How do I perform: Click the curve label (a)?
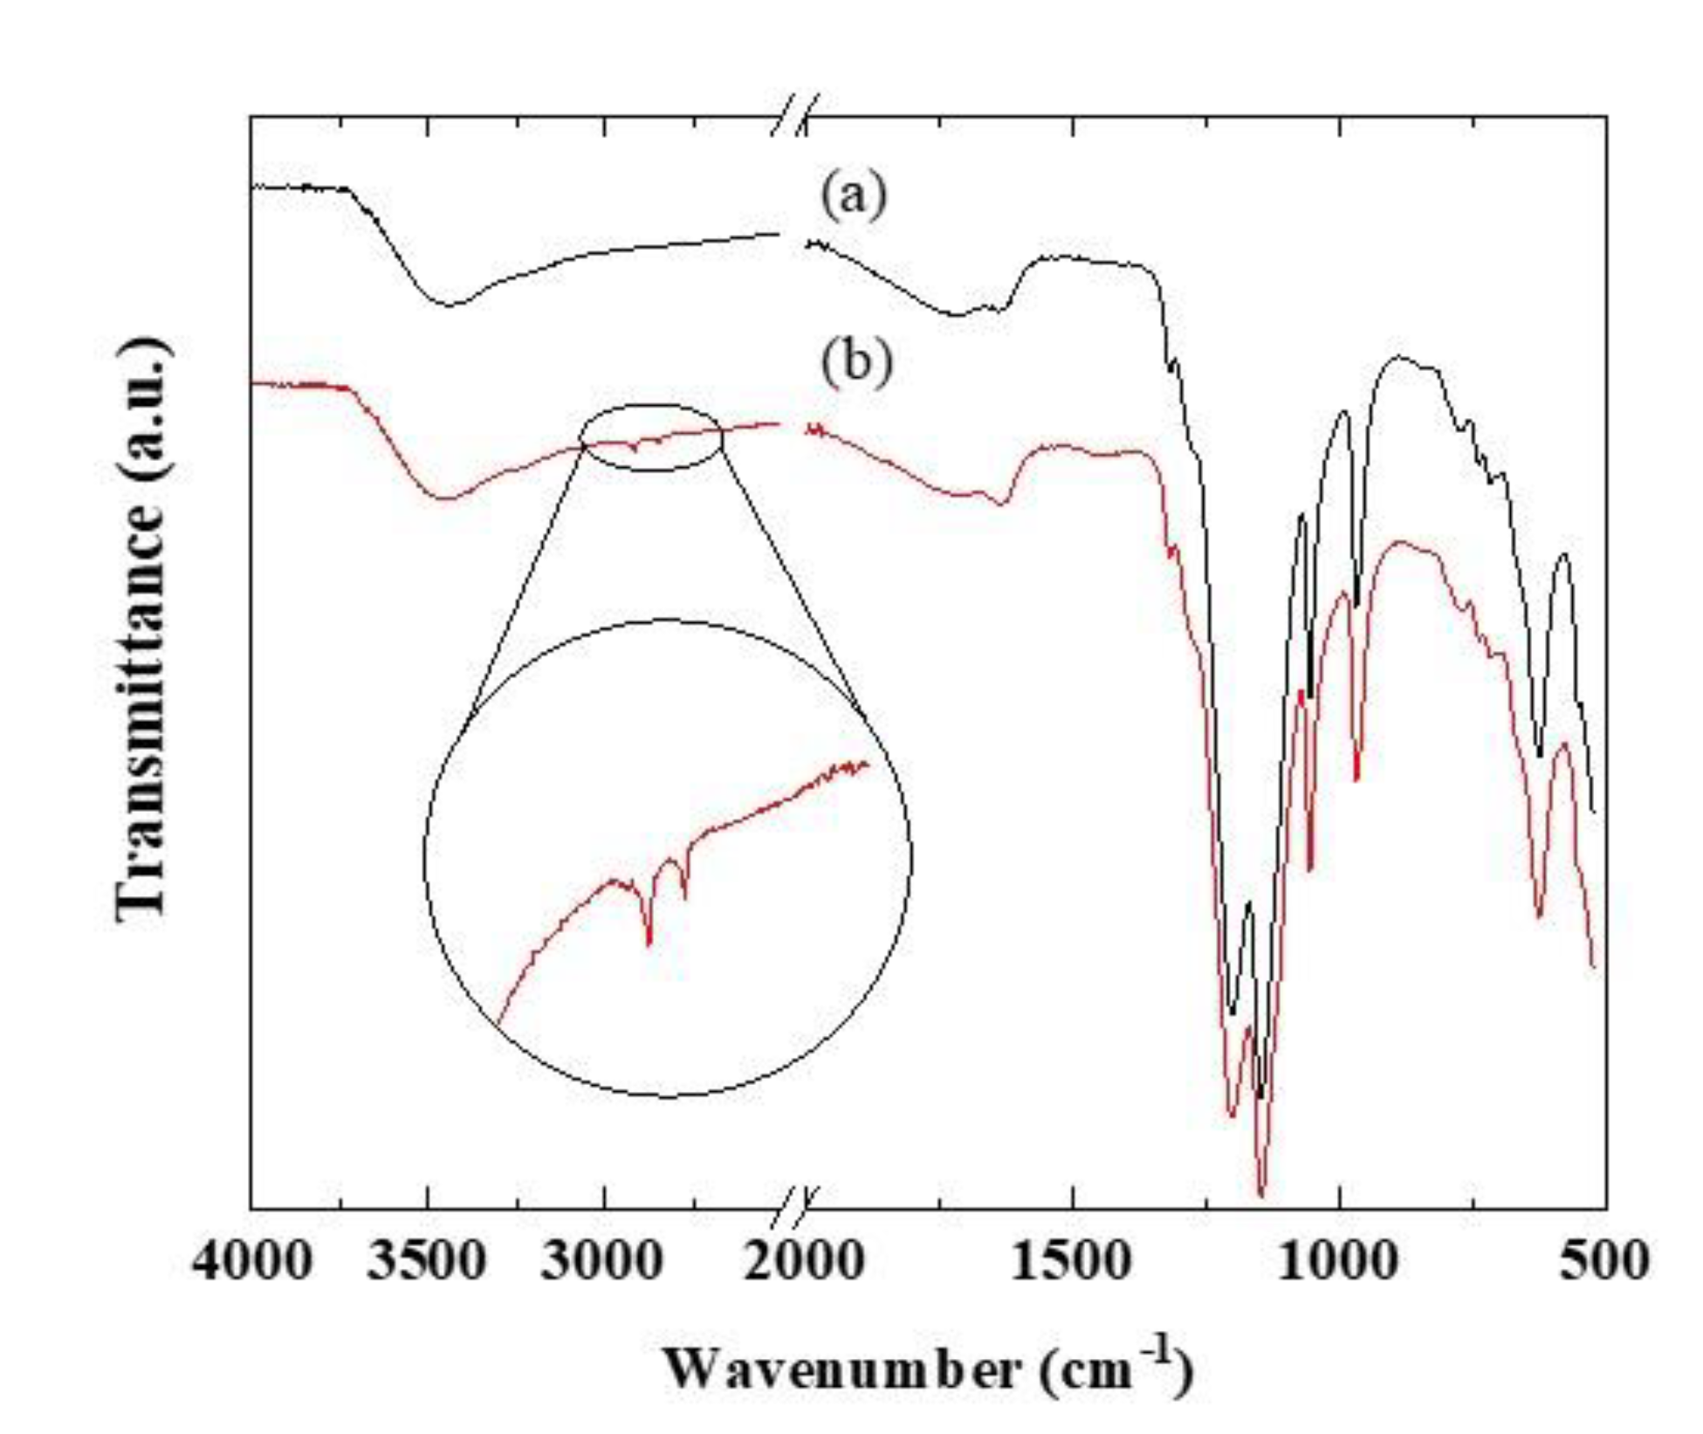pyautogui.click(x=854, y=196)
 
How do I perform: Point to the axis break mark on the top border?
pyautogui.click(x=795, y=115)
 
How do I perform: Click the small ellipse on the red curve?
pyautogui.click(x=652, y=437)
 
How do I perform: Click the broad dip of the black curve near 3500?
pyautogui.click(x=450, y=305)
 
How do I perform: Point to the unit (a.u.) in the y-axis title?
pyautogui.click(x=141, y=410)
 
